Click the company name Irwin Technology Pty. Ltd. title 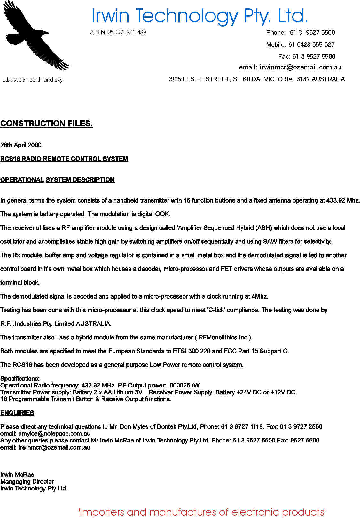coord(200,16)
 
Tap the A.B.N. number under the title coord(118,32)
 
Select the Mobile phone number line coord(300,44)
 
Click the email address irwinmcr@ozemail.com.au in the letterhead coord(301,67)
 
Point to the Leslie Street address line coord(257,79)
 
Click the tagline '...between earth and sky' coord(33,80)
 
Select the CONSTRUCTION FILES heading coord(47,124)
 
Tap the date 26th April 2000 coord(21,145)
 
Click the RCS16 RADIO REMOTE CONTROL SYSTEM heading coord(64,159)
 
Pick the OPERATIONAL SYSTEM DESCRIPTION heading coord(58,180)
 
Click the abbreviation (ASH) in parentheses coord(264,228)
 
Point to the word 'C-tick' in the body coord(216,310)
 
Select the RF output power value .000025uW coord(184,385)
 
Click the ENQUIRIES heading coord(17,413)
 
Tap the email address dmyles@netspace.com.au coord(54,434)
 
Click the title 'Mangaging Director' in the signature coord(27,482)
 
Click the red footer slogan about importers coord(202,512)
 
